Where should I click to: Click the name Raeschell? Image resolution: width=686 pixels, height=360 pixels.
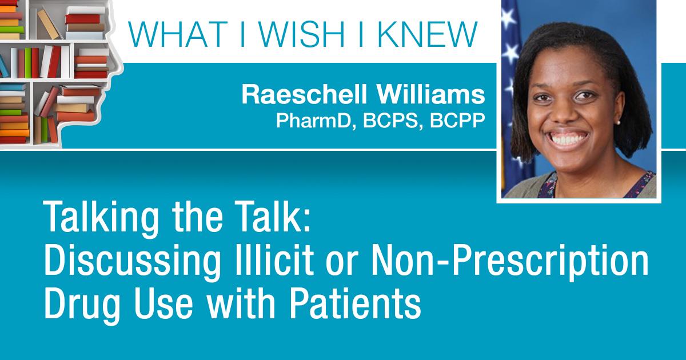[304, 95]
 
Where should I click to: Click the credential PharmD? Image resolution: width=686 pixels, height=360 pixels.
[316, 121]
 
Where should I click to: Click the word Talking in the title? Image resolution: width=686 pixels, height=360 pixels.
[102, 218]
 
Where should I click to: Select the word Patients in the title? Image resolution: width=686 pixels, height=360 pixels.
[355, 303]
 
